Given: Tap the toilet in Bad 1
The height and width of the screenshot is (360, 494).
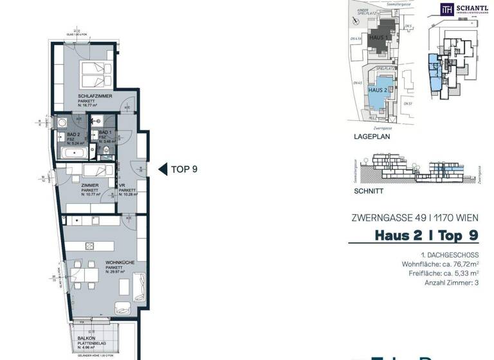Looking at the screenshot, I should pos(106,150).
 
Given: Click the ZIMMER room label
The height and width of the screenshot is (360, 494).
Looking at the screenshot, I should pos(89,185).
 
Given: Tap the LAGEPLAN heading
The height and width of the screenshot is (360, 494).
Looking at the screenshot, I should pos(372,136).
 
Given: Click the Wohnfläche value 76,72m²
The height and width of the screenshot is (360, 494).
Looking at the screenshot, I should pos(457,264).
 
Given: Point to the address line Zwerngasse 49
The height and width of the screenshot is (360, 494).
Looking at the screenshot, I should pos(414,217).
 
